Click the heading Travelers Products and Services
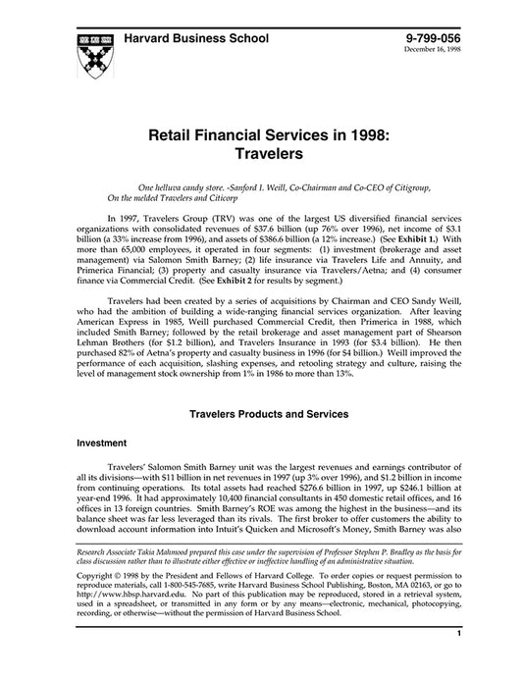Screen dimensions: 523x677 [x=261, y=415]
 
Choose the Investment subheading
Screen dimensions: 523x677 [x=102, y=443]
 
